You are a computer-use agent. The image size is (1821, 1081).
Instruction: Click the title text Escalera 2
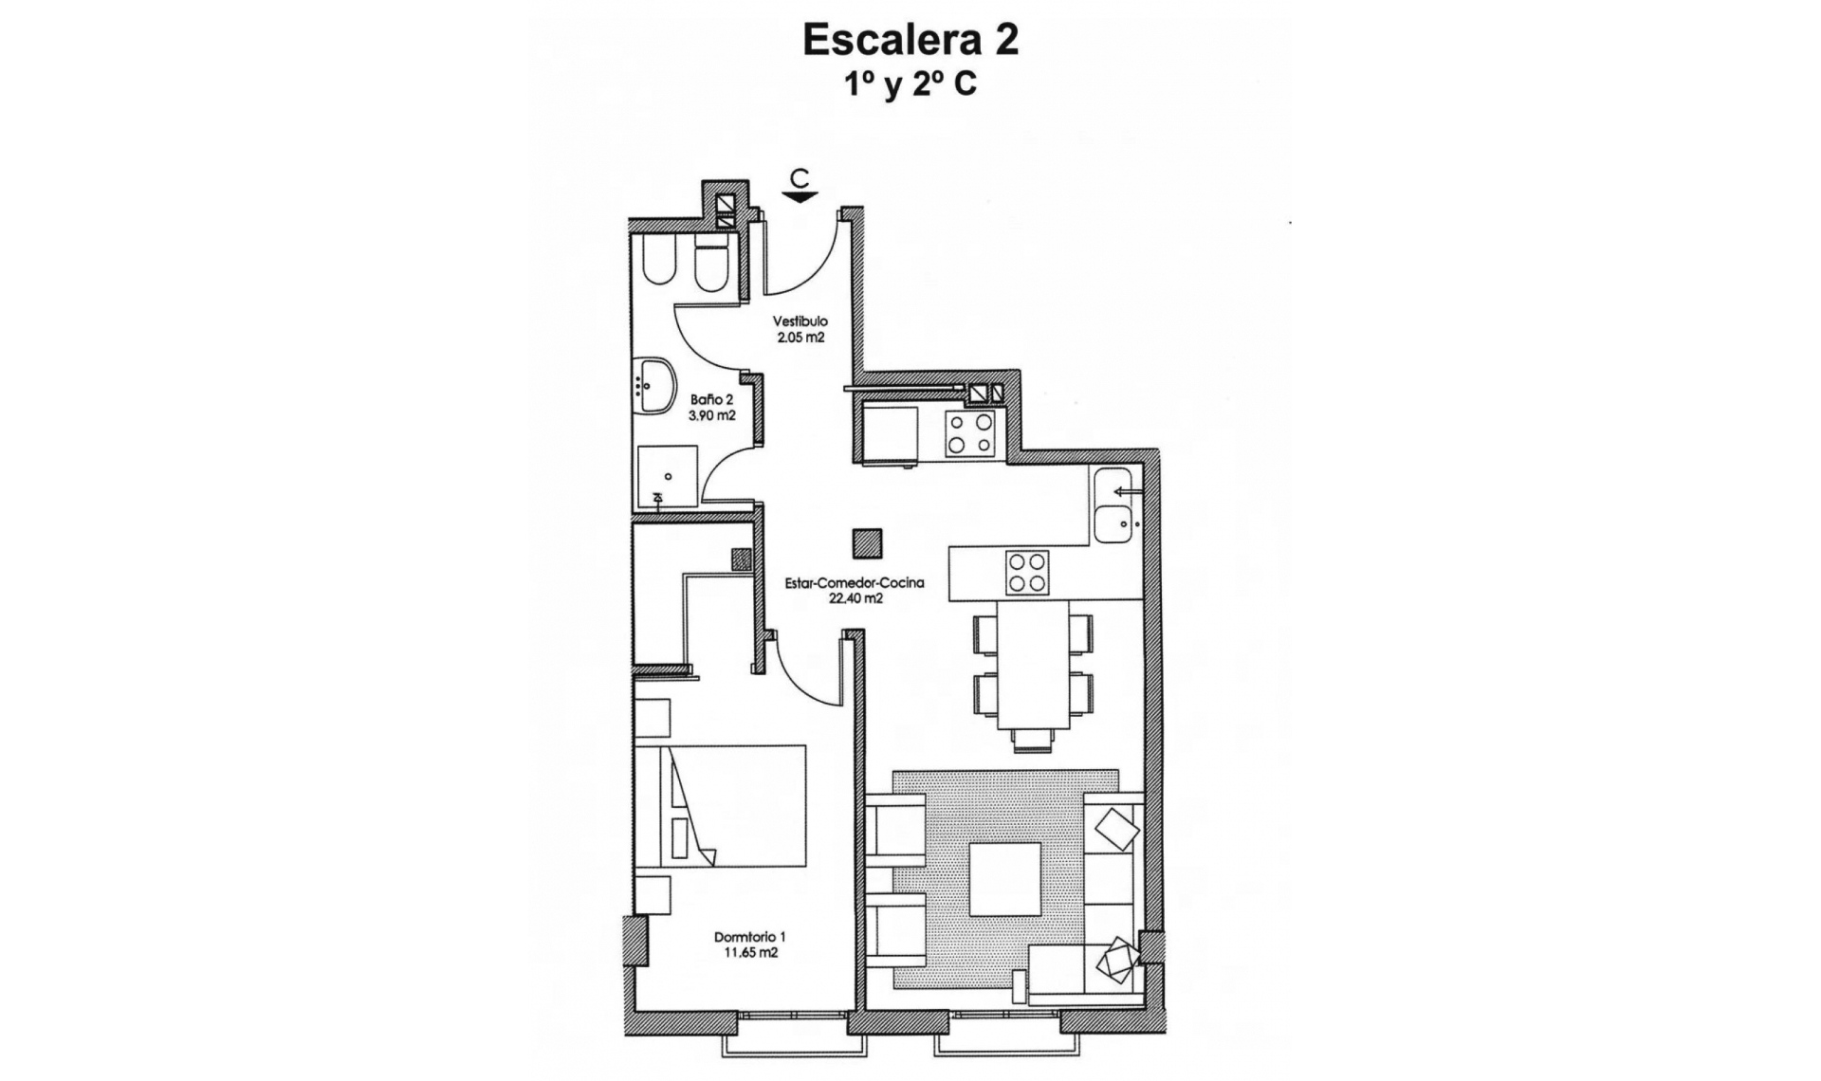(x=910, y=40)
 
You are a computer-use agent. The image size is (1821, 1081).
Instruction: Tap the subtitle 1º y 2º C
(x=910, y=85)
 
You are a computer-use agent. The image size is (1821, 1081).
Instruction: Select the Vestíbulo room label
(x=800, y=321)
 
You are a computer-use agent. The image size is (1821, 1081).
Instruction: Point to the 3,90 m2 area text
(x=711, y=415)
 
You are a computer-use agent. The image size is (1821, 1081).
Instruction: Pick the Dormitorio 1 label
(x=749, y=937)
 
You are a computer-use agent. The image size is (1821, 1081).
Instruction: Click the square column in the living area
(x=867, y=543)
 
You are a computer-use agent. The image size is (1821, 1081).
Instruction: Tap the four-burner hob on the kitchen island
(x=1027, y=572)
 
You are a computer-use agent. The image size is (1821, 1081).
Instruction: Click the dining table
(x=1032, y=664)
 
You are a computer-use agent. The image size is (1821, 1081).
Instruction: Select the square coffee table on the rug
(x=1004, y=879)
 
